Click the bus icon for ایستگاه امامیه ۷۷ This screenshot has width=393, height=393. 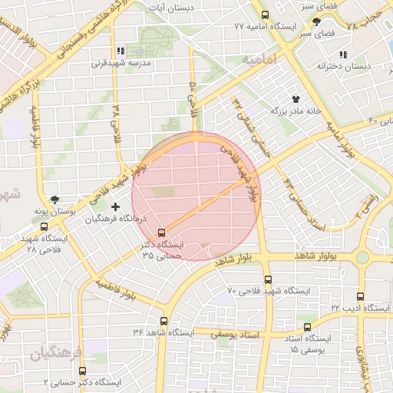[x=266, y=15]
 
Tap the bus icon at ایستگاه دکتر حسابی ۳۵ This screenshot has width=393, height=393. [x=161, y=232]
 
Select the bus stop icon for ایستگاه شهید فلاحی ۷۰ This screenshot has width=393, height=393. [x=268, y=280]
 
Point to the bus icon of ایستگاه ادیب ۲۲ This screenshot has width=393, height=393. [x=361, y=296]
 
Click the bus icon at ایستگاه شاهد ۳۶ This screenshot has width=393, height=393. [x=163, y=321]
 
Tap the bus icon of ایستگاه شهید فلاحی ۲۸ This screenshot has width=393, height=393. [x=44, y=226]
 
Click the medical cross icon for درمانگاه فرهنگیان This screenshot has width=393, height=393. [x=116, y=206]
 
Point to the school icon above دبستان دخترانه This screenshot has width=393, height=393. [x=342, y=54]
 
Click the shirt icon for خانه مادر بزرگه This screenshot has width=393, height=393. [x=295, y=99]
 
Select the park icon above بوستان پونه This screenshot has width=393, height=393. [x=54, y=199]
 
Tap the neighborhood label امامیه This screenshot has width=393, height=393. [x=257, y=59]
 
